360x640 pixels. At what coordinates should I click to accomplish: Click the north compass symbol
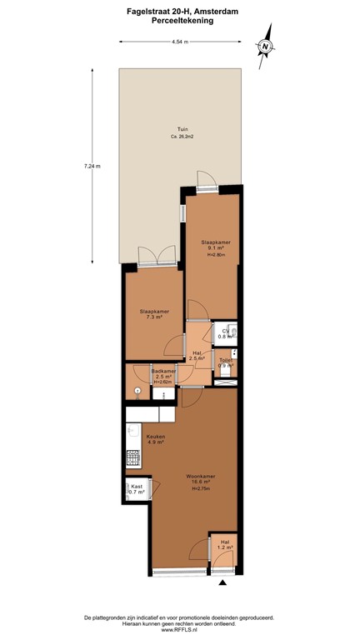tap(266, 47)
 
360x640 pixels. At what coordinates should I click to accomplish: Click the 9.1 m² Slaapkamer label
tap(216, 247)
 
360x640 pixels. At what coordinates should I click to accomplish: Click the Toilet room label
tap(226, 363)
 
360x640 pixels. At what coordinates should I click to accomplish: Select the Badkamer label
tap(163, 375)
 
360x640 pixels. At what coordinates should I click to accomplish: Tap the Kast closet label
tap(136, 490)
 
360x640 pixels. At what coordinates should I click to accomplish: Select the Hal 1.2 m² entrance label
tap(224, 547)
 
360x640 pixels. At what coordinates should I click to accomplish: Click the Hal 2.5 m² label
tap(197, 355)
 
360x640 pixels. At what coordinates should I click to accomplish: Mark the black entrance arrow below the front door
tap(222, 583)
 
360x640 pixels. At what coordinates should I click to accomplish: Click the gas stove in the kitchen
tap(132, 458)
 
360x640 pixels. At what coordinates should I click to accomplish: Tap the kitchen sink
tap(132, 432)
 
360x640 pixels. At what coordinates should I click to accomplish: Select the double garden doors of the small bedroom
tap(156, 257)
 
